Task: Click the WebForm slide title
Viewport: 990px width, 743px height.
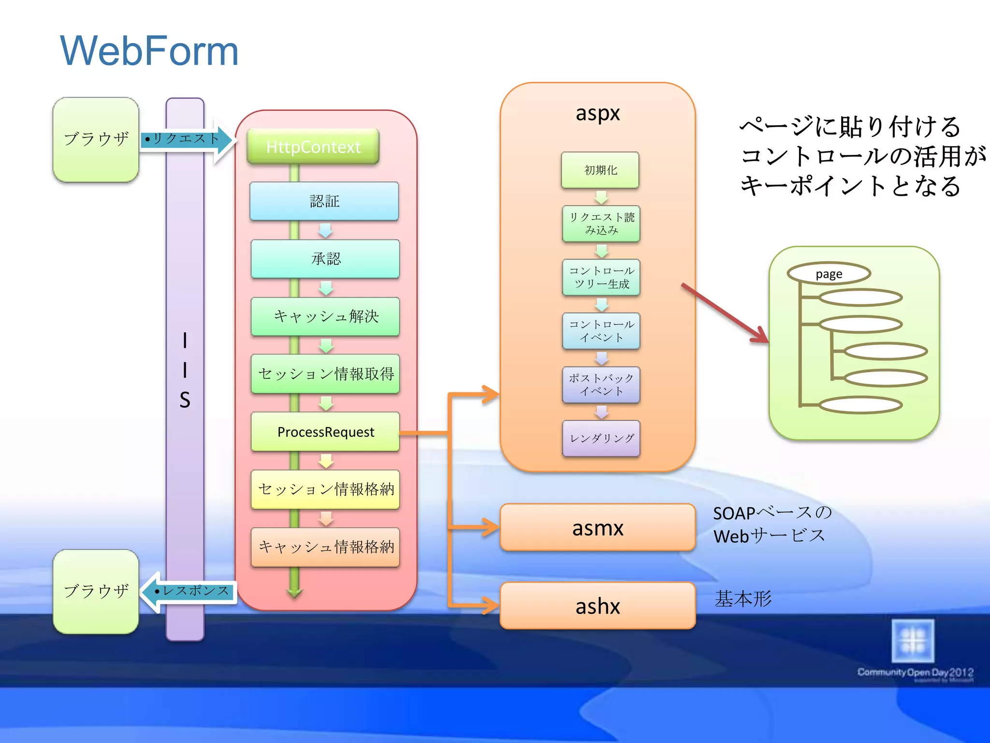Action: coord(149,51)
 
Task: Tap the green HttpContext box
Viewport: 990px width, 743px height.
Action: coord(313,147)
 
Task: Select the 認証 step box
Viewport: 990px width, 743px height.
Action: coord(324,201)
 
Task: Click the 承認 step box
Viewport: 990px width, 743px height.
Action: coord(325,259)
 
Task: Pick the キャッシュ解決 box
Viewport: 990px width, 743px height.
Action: coord(325,316)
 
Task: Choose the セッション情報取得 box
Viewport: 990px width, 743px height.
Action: coord(325,374)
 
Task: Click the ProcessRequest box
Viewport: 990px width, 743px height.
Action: coord(325,432)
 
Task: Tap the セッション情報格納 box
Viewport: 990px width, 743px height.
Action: coord(325,489)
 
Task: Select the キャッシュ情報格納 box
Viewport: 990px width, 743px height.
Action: coord(325,547)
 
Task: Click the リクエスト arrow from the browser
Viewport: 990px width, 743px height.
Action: coord(186,139)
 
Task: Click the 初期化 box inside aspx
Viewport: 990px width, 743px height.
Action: coord(600,170)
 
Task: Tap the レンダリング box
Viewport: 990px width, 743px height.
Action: coord(601,438)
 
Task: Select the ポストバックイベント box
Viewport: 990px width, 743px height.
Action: coord(601,385)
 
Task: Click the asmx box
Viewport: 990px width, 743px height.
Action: coord(597,528)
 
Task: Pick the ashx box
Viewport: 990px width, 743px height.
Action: coord(597,606)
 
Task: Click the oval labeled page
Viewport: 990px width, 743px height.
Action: coord(829,274)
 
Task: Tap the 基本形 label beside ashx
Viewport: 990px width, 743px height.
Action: coord(743,599)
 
